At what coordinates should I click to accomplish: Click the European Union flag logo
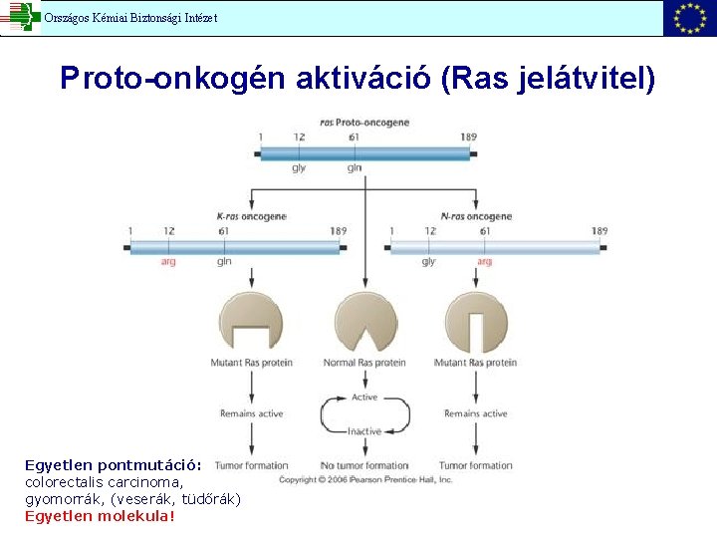(x=689, y=18)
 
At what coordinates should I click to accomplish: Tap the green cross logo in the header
(x=20, y=17)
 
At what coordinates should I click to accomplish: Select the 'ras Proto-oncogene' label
(x=364, y=123)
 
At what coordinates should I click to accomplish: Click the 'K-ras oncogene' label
(x=251, y=216)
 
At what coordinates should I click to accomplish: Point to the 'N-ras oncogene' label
(x=476, y=216)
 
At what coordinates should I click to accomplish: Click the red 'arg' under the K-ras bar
(x=169, y=262)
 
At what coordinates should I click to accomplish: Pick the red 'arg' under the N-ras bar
(x=485, y=262)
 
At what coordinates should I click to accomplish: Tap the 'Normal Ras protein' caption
(x=364, y=363)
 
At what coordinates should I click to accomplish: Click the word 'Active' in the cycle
(x=364, y=397)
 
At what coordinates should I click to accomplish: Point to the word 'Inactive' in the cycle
(x=364, y=431)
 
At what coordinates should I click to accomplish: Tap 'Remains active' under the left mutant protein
(x=251, y=413)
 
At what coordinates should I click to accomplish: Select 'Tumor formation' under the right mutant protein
(x=476, y=465)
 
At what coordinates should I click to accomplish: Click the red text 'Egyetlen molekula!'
(x=100, y=516)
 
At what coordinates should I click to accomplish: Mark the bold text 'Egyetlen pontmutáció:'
(x=113, y=465)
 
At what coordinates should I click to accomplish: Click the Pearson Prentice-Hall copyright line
(x=365, y=480)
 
